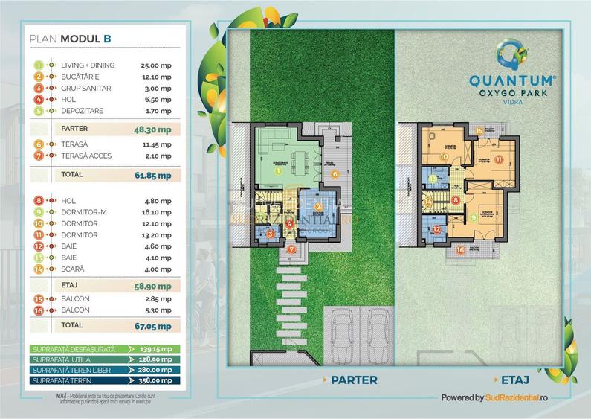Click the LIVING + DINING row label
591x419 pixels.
pyautogui.click(x=88, y=65)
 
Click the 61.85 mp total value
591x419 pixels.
pyautogui.click(x=156, y=176)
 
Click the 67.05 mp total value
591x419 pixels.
pyautogui.click(x=156, y=325)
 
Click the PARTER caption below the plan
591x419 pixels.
pyautogui.click(x=349, y=380)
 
